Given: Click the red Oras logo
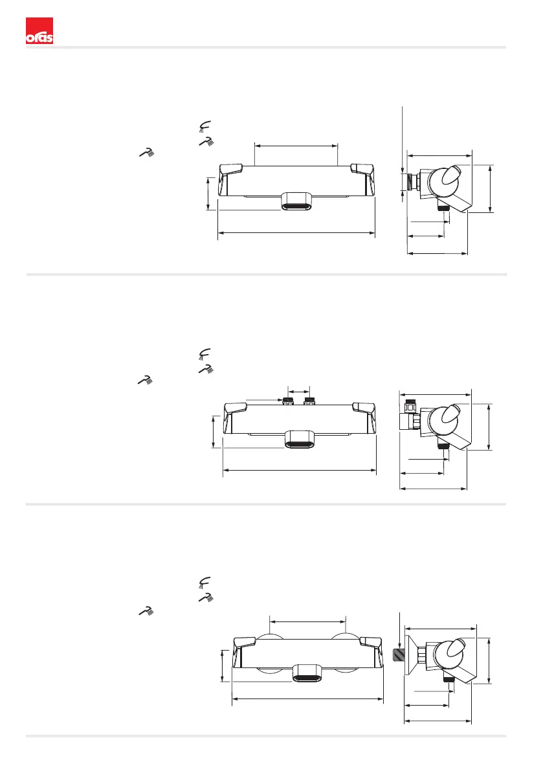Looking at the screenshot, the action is [x=39, y=32].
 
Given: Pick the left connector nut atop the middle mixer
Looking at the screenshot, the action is [x=289, y=401].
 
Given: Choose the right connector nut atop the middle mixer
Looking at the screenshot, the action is [x=309, y=401].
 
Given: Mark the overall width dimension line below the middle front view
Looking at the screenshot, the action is [x=300, y=471].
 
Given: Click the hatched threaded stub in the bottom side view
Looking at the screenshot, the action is [x=400, y=653].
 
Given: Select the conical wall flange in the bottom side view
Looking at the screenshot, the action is [x=409, y=654].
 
